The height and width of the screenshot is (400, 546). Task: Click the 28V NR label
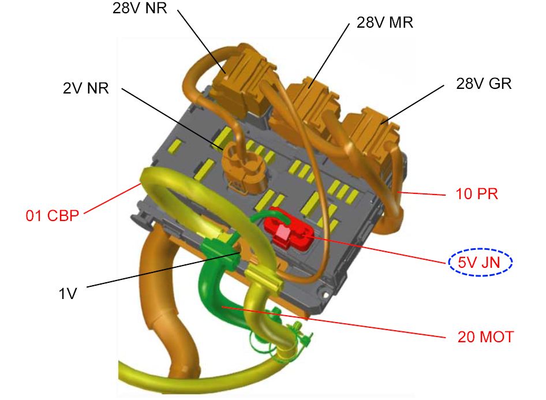(x=140, y=8)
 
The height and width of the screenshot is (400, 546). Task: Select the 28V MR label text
(x=385, y=23)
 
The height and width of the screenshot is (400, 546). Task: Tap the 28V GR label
(x=484, y=84)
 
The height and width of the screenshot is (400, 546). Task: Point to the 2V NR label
(x=85, y=88)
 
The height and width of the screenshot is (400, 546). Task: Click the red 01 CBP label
(x=53, y=215)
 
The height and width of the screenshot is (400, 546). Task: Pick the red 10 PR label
(x=477, y=194)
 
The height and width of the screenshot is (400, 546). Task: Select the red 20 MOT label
(x=485, y=337)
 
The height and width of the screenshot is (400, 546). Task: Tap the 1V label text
(x=68, y=294)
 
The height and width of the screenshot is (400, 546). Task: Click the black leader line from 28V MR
(x=329, y=56)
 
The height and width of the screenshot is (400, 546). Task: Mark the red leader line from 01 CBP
(x=112, y=198)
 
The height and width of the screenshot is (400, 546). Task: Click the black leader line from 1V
(x=163, y=270)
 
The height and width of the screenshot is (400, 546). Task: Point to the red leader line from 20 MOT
(x=334, y=322)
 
